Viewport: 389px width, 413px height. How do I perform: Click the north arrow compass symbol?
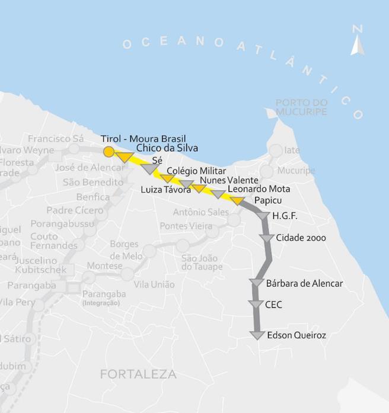click(x=357, y=41)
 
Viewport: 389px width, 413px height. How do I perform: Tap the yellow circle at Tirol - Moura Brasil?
click(x=109, y=152)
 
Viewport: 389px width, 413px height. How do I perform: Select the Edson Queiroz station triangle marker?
click(x=257, y=335)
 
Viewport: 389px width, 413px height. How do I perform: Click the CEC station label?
click(x=274, y=305)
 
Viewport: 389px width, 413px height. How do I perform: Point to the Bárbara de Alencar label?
click(x=304, y=283)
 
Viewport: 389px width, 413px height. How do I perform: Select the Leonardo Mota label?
click(x=259, y=190)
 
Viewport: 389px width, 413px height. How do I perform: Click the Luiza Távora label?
click(x=165, y=190)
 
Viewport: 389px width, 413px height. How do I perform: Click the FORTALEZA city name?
click(x=138, y=374)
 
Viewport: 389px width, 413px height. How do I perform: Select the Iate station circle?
click(x=276, y=151)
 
